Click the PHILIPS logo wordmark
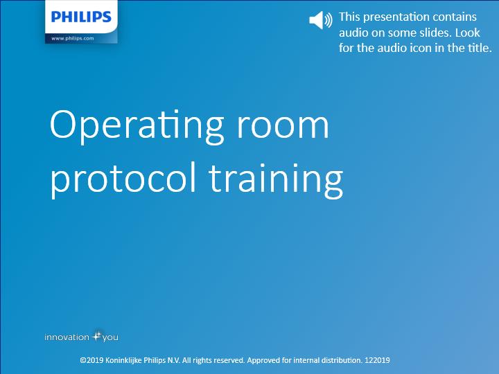[81, 17]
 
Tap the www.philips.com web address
[73, 38]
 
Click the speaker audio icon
[321, 19]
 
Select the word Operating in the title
[137, 126]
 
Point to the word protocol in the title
[123, 178]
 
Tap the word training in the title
[276, 179]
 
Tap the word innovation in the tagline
[67, 337]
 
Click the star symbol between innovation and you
[97, 336]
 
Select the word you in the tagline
[110, 338]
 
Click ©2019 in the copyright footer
[91, 360]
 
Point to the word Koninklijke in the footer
[123, 361]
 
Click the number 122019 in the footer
[377, 360]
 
